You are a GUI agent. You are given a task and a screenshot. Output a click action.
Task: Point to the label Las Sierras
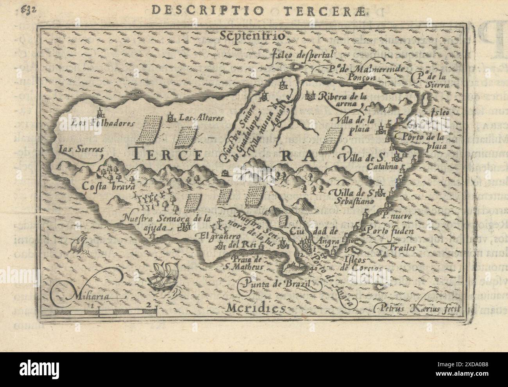(x=75, y=149)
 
